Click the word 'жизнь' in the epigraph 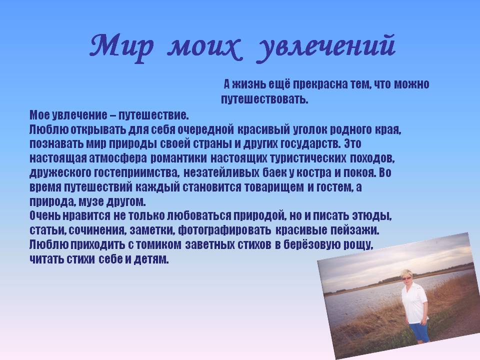248,84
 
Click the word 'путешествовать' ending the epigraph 263,99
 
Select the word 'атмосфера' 118,158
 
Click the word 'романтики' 179,158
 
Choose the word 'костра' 314,173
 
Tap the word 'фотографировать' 224,230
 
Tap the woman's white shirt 415,303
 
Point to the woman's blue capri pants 419,332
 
